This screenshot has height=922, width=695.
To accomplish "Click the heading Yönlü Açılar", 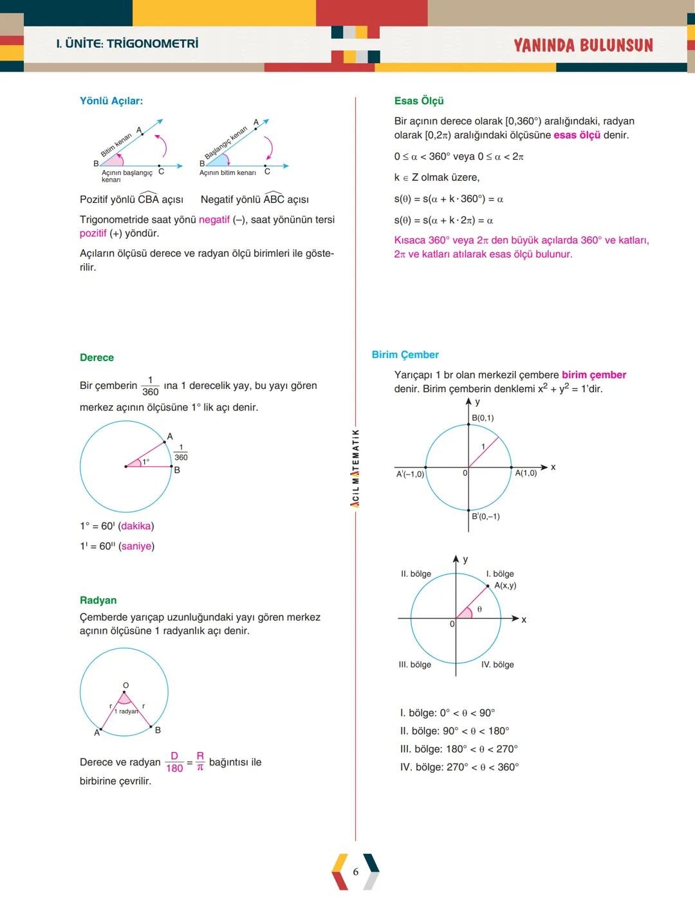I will [111, 101].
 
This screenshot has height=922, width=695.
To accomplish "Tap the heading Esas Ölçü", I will [419, 101].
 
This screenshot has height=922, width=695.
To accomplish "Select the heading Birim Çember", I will [405, 355].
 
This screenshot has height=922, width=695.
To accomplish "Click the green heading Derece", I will [97, 357].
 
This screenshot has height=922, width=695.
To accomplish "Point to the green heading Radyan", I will [98, 600].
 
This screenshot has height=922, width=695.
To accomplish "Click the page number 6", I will [355, 872].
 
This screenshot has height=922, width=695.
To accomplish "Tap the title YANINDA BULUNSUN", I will [583, 45].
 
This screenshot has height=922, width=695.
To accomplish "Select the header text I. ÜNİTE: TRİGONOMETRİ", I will [127, 44].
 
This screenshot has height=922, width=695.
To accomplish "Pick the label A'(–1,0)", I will [410, 474].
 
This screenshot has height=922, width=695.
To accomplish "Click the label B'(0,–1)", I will [486, 516].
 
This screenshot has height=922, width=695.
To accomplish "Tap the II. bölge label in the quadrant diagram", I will [416, 574].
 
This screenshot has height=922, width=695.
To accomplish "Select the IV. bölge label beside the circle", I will [497, 664].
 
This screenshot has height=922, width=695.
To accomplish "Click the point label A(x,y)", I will [505, 585].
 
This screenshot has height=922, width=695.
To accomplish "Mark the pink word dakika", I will [136, 526].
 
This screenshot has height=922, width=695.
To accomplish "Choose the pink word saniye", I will [136, 546].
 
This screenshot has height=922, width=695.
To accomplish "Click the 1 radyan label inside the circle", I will [125, 711].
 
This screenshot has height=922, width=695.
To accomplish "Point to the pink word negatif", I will [214, 220].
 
